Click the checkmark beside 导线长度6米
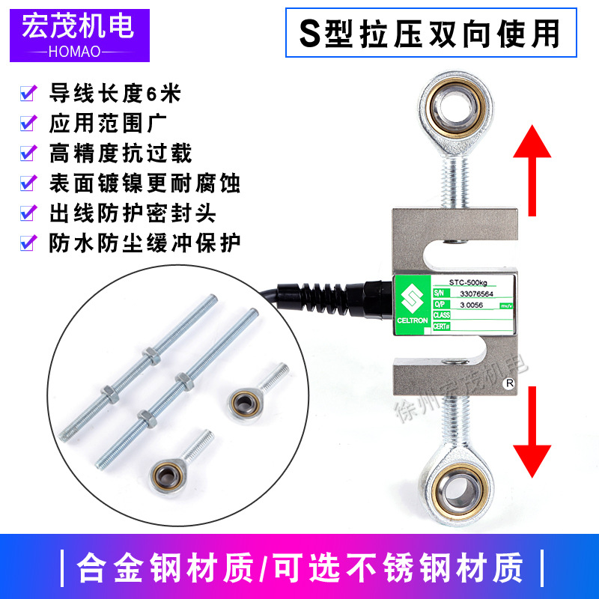coord(28,94)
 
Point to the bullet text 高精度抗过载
coord(120,153)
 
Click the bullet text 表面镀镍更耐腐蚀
coord(144,182)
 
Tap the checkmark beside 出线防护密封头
coord(28,213)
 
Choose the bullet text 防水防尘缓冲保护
coord(144,242)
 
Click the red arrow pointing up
coord(532,169)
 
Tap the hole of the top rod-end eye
coord(453,111)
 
